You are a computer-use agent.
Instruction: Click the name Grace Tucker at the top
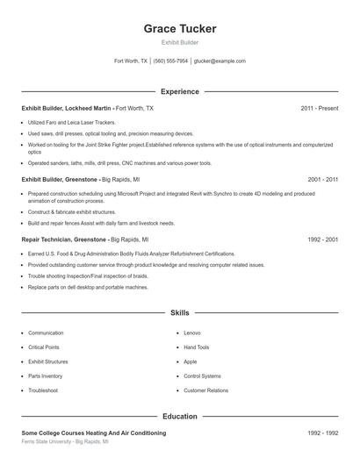180,29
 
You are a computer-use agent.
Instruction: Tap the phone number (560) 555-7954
170,61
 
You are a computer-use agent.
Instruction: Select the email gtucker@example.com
220,61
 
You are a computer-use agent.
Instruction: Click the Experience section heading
180,91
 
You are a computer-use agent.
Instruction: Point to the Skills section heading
180,312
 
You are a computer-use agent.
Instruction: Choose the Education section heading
180,417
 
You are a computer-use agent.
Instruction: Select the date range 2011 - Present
319,109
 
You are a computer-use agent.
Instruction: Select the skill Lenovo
192,333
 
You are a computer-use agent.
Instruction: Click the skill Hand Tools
197,347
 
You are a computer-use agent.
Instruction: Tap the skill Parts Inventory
46,376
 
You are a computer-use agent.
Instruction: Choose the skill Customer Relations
205,390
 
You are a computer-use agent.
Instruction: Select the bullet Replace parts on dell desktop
76,287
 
